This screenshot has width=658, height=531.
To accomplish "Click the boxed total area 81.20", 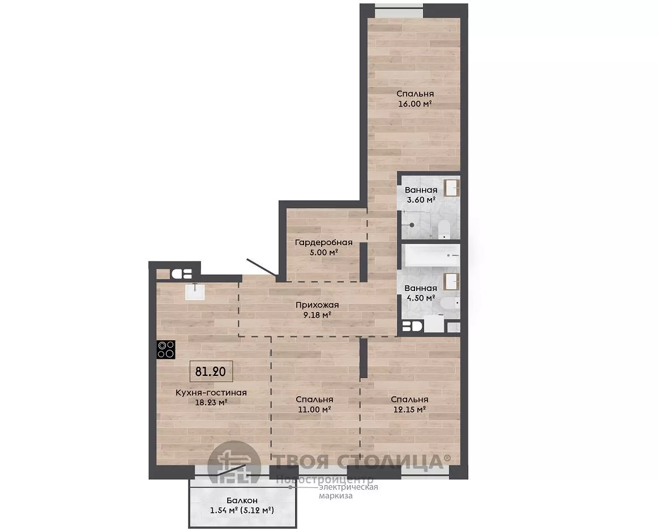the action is coord(211,371).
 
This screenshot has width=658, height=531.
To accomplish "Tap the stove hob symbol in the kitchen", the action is coord(166,349).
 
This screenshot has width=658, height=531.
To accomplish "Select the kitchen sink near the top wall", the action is coord(195,292).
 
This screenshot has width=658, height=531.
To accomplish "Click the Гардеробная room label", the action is coord(323,242).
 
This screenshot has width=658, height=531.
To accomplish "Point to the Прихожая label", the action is coord(317,305).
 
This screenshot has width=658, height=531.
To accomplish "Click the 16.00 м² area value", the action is coord(415,104).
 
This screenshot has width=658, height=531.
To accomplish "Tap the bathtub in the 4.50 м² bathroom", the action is coord(432,255).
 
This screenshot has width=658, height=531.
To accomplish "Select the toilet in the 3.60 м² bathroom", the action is coord(443,230).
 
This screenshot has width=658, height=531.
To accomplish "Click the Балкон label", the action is coord(242,500).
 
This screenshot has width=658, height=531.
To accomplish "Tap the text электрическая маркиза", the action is coord(348,491).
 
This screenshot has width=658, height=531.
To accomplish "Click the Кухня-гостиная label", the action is coord(211,392).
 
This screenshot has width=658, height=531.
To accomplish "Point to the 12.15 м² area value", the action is coord(409,409).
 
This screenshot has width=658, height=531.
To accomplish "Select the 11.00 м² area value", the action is coord(314,409).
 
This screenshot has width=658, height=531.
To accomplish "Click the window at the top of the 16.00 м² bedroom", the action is coord(399,11).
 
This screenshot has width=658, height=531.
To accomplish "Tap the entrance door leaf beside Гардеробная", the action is coord(262,267).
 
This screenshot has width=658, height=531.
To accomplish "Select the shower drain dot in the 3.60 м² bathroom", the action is coord(412,225).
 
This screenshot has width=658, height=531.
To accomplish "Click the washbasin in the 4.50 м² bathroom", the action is coord(451,282).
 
